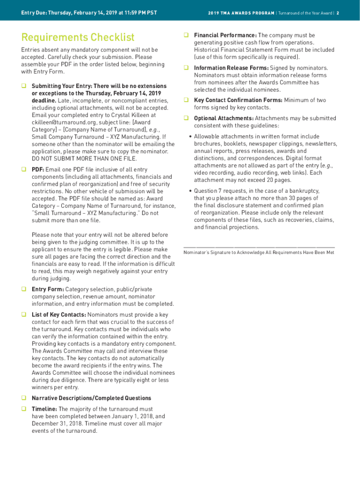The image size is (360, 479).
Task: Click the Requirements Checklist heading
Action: [78, 37]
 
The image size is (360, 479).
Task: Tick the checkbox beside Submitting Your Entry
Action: [23, 86]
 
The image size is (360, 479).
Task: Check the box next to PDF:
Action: [23, 170]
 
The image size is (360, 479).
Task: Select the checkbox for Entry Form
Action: [23, 290]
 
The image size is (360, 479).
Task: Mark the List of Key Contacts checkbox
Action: [23, 315]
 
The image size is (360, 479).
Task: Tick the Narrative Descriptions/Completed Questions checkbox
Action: [23, 398]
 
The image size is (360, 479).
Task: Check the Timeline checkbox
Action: [23, 409]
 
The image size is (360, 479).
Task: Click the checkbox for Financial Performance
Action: [186, 36]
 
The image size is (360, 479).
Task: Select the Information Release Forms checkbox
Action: [186, 68]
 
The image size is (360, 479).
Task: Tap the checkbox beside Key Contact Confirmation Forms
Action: [186, 100]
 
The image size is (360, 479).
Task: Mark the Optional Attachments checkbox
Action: [186, 118]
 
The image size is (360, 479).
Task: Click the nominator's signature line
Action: [259, 246]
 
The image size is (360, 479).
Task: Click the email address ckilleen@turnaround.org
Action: [57, 123]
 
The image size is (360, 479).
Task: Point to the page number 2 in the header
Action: [337, 13]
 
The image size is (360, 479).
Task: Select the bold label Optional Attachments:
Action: [223, 118]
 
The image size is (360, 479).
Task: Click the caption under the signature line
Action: [259, 253]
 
